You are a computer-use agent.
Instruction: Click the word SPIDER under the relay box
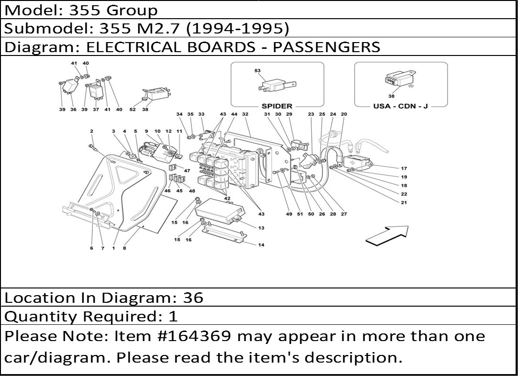tap(277, 106)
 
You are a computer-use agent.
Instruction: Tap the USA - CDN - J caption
tap(400, 106)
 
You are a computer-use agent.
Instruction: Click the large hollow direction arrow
tap(387, 235)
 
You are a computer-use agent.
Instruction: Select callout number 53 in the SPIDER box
tap(257, 71)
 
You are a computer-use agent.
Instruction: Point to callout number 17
tap(404, 168)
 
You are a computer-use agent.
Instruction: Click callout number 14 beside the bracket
tap(261, 245)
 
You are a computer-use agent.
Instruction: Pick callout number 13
tap(261, 228)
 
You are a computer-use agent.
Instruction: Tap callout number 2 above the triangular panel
tap(91, 131)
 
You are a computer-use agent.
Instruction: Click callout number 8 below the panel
tap(124, 248)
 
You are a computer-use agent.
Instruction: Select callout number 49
tap(289, 214)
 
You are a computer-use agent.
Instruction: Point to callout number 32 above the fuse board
tap(245, 115)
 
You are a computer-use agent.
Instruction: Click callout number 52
tap(132, 110)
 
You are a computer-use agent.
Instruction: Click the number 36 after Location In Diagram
tap(193, 298)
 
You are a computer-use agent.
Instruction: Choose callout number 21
tap(404, 203)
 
